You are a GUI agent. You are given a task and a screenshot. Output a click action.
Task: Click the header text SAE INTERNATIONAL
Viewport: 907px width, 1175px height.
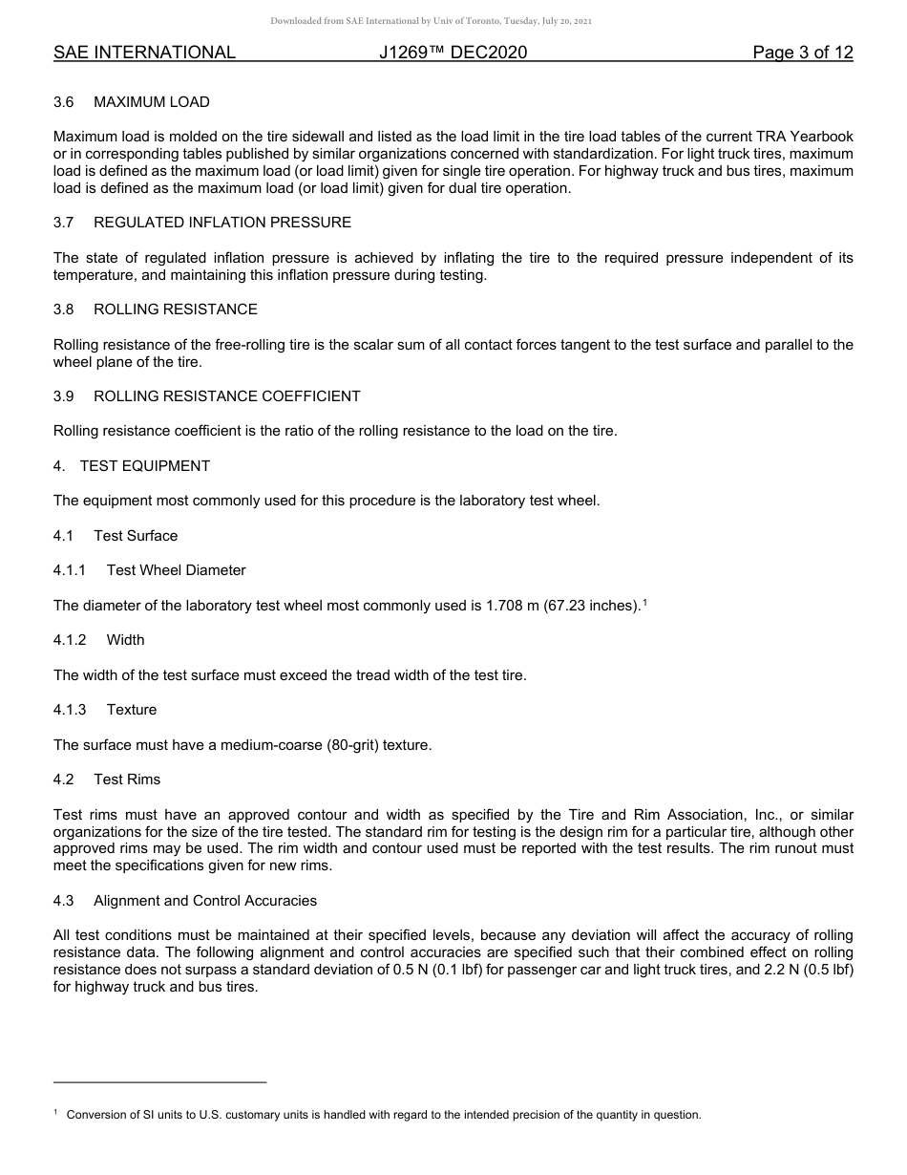(144, 53)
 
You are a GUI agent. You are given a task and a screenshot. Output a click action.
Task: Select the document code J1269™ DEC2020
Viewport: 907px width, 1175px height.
(453, 53)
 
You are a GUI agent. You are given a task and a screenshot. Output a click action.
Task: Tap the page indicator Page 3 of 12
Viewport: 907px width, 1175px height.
(803, 53)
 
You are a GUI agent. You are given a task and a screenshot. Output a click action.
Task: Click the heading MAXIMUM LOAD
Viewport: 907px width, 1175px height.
(152, 102)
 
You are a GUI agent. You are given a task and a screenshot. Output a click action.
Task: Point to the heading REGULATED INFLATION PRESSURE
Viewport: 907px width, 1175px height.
(222, 223)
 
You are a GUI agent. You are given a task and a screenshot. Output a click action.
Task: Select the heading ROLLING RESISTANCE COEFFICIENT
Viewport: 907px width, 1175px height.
(227, 396)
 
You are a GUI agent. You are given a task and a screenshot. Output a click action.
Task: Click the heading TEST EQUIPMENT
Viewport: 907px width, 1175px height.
(145, 466)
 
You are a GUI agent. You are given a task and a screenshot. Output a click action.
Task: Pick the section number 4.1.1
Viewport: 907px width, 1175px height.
(70, 570)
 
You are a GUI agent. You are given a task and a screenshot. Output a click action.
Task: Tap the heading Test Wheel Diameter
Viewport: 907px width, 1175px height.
(177, 570)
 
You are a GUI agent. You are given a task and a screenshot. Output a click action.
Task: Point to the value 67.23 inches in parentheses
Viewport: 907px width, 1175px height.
(589, 606)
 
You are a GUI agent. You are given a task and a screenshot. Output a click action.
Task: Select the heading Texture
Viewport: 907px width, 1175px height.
(132, 710)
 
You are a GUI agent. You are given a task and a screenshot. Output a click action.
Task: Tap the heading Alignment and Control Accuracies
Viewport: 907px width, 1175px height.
(205, 901)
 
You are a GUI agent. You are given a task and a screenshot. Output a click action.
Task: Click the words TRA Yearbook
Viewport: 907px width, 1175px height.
(803, 137)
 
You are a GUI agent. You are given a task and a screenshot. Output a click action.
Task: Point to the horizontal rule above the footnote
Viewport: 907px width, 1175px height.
(160, 1082)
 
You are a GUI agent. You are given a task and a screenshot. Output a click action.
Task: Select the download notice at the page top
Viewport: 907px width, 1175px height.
(432, 20)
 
